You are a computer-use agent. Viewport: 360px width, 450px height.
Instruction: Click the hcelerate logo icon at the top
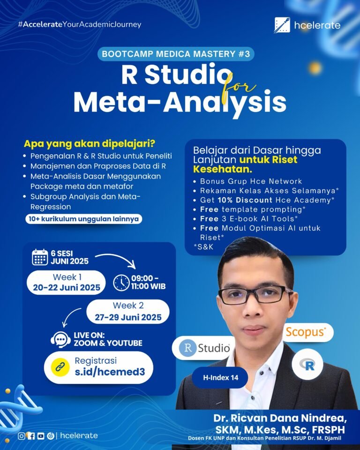click(x=282, y=25)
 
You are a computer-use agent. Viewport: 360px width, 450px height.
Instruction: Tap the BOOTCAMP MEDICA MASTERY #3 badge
click(x=176, y=54)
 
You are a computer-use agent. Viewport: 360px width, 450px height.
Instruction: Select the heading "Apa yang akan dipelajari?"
click(x=90, y=143)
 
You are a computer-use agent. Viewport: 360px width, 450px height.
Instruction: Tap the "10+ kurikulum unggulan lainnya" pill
click(x=83, y=219)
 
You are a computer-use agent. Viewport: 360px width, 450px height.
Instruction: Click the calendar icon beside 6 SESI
click(x=40, y=257)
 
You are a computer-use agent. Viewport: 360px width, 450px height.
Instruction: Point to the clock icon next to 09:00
click(x=121, y=283)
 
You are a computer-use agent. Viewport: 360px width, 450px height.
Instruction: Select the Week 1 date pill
click(x=66, y=282)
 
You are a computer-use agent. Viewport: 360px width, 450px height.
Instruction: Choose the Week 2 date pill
click(x=128, y=312)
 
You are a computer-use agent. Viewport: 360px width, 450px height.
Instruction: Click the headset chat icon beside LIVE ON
click(x=60, y=339)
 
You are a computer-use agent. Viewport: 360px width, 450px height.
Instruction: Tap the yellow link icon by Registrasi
click(x=60, y=367)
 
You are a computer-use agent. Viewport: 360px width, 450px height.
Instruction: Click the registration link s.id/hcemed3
click(x=110, y=372)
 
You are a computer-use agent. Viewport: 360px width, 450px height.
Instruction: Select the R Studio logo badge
click(x=204, y=347)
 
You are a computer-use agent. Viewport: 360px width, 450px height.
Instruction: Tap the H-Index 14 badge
click(x=220, y=378)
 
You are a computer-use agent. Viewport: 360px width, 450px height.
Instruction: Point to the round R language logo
click(x=307, y=365)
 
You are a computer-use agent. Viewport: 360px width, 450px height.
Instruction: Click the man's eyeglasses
click(x=255, y=295)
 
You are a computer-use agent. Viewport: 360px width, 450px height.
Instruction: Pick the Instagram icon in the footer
click(x=22, y=436)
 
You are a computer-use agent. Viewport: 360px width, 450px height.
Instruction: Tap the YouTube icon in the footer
click(x=41, y=436)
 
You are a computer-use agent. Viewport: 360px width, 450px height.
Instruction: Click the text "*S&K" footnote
click(x=203, y=247)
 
